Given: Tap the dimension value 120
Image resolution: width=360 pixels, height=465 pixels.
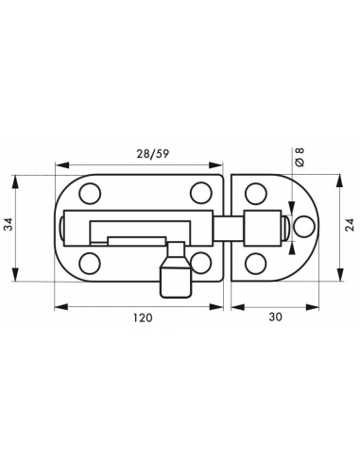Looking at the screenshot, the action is click(142, 318).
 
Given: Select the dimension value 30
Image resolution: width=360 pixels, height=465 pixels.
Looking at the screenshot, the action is click(276, 317).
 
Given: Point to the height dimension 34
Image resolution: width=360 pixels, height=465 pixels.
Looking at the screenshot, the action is click(9, 224).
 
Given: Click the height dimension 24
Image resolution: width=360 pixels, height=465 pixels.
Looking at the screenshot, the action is click(350, 225).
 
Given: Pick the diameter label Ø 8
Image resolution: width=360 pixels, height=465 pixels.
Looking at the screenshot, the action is click(300, 157).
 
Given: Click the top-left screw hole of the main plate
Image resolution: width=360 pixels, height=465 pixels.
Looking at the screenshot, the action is click(90, 194).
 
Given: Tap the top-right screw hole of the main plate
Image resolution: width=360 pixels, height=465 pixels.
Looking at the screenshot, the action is click(200, 193).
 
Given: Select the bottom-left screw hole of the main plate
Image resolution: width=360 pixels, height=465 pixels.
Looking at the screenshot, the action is click(90, 263).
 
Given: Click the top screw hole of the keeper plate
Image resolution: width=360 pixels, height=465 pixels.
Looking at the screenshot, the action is click(255, 194).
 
